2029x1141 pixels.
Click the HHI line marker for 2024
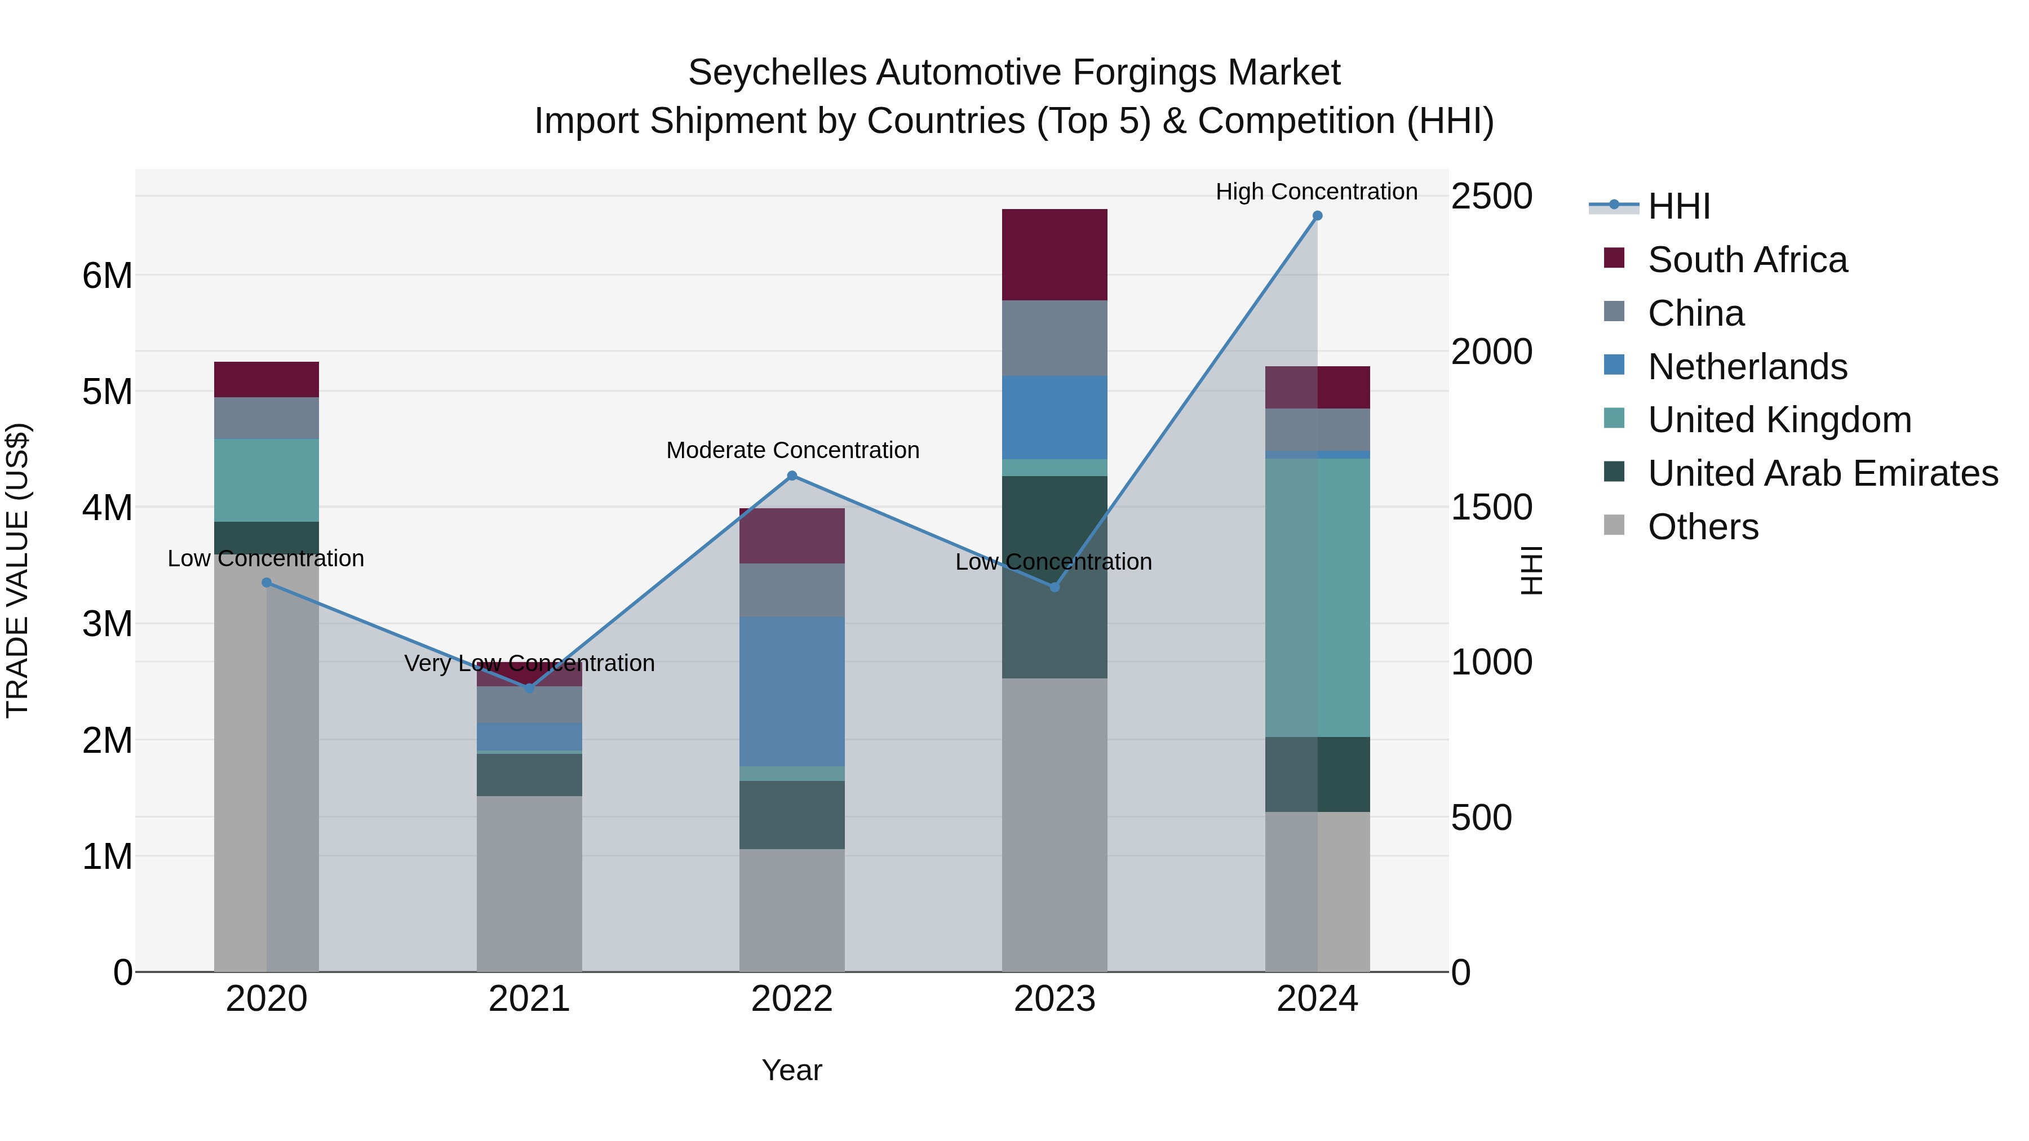pos(1317,216)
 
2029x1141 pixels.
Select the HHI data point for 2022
pos(792,476)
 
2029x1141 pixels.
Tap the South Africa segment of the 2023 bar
pos(1054,254)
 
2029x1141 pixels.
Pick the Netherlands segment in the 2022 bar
pos(792,691)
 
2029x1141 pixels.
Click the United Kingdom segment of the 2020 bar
pos(266,480)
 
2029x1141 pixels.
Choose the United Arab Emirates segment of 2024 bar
pos(1317,774)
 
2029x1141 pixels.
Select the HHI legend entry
pos(1678,206)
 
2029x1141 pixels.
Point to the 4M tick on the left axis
pos(107,508)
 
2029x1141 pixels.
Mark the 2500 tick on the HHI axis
pos(1491,196)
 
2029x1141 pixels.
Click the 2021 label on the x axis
pos(529,999)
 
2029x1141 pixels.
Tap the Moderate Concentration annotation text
pos(792,450)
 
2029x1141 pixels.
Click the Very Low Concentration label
pos(529,663)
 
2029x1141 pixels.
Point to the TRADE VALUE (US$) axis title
pos(17,570)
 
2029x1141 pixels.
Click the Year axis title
pos(792,1070)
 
